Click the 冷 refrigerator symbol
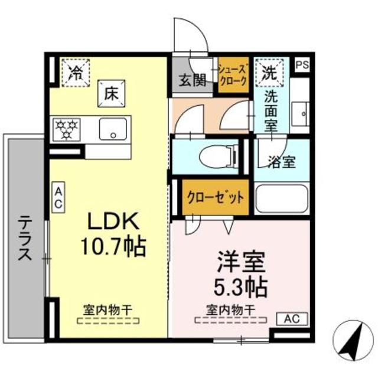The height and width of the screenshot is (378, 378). [76, 73]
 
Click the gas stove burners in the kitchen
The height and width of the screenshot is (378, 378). [66, 128]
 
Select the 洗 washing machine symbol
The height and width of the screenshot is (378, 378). [269, 73]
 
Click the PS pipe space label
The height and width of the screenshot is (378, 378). [301, 64]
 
